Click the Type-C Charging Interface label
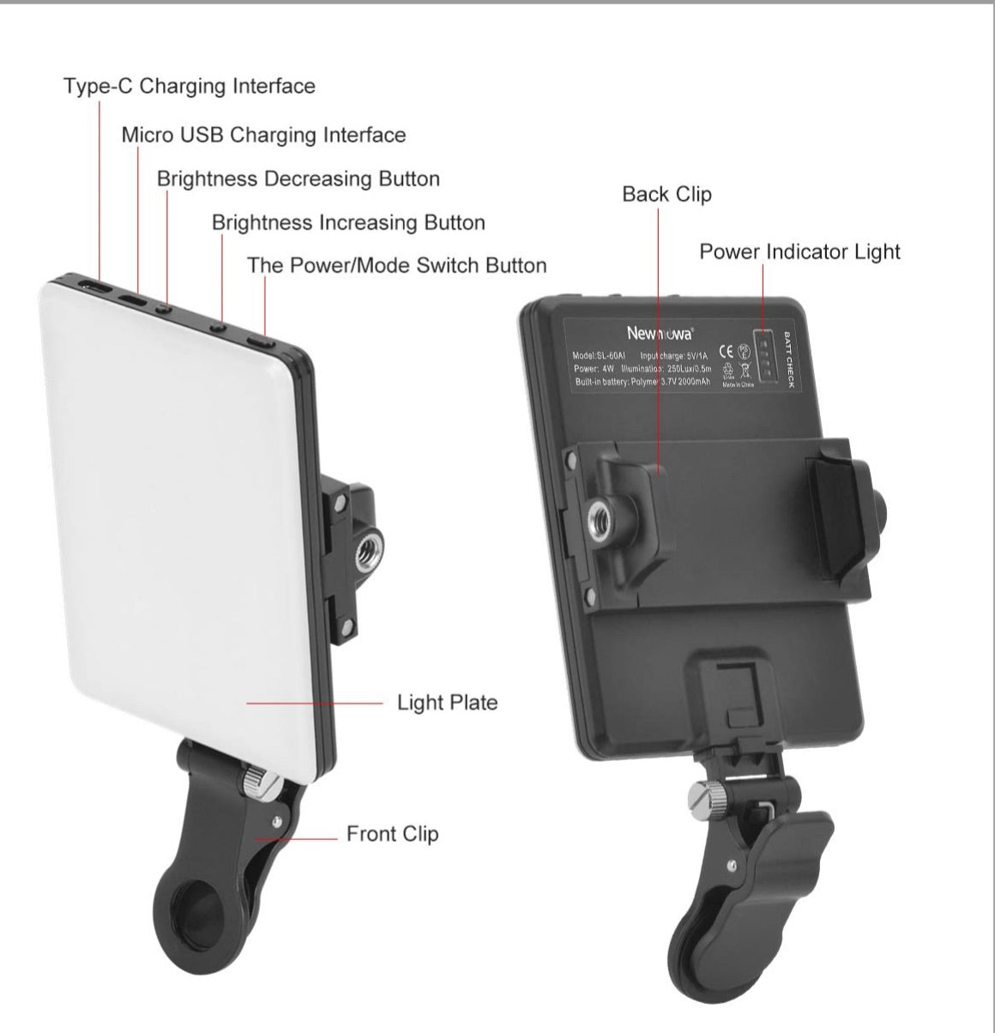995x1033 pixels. tap(189, 87)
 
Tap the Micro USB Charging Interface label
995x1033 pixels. tap(263, 136)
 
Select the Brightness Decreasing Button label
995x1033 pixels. tap(298, 179)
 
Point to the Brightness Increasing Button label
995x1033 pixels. tap(348, 223)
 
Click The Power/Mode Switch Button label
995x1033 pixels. tap(396, 265)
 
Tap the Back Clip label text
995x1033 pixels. tap(666, 195)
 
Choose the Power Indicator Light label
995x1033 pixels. tap(799, 252)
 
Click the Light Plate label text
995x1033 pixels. tap(447, 704)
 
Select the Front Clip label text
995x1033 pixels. tap(392, 834)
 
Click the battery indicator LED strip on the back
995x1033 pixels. tap(763, 359)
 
